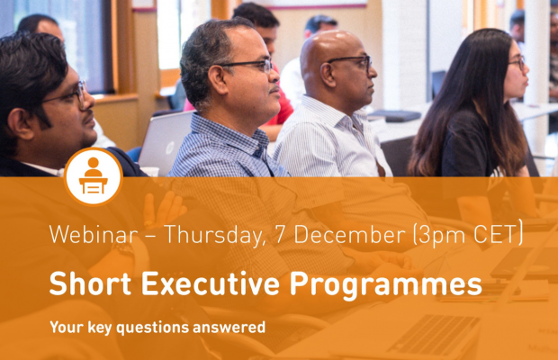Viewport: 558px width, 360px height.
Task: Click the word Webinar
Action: [x=94, y=234]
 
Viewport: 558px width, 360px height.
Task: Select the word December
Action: [x=349, y=234]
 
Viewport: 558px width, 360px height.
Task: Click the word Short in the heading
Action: [x=90, y=283]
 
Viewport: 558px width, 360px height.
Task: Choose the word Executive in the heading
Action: [x=211, y=283]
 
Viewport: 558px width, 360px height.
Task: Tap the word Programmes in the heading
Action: [x=386, y=285]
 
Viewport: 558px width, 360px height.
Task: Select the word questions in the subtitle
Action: [x=153, y=328]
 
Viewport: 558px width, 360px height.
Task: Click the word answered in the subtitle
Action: [x=229, y=328]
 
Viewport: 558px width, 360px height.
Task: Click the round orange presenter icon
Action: [x=94, y=176]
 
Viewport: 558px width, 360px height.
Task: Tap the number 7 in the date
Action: [x=281, y=234]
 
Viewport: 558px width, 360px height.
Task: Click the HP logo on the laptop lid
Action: [x=168, y=146]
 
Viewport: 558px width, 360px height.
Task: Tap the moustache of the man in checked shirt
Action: [x=274, y=89]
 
